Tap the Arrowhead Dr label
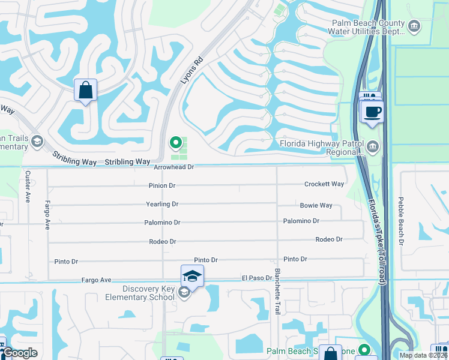tap(174, 168)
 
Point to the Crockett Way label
tap(324, 184)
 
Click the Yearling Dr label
tap(162, 204)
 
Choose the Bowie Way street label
tap(316, 205)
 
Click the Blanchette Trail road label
tap(277, 299)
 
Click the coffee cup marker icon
tap(372, 112)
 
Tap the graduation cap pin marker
tap(192, 275)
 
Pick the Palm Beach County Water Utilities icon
tap(414, 26)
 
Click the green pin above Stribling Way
tap(175, 143)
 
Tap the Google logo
tap(20, 353)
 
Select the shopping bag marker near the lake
tap(85, 91)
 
